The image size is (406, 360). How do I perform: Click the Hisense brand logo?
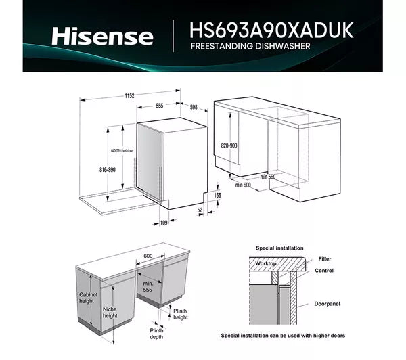(103, 36)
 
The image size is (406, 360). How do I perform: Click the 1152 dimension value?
(129, 96)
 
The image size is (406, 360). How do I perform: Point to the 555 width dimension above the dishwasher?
(160, 106)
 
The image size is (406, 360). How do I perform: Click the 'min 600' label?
(242, 184)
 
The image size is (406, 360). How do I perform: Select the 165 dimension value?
(217, 195)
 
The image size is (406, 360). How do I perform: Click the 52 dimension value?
(201, 210)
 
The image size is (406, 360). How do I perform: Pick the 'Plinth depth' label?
(156, 334)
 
